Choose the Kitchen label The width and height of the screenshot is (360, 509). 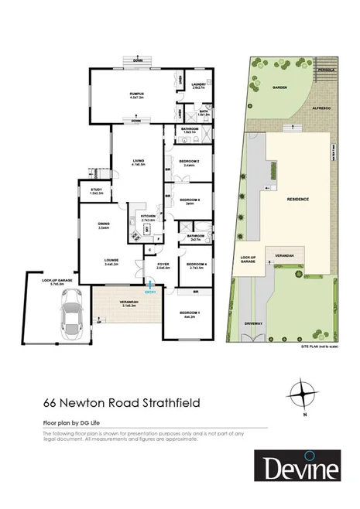[149, 216]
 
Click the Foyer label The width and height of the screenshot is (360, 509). [163, 265]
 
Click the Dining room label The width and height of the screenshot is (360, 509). [103, 224]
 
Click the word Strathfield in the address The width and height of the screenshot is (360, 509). [162, 404]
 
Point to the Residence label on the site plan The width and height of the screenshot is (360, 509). [300, 199]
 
